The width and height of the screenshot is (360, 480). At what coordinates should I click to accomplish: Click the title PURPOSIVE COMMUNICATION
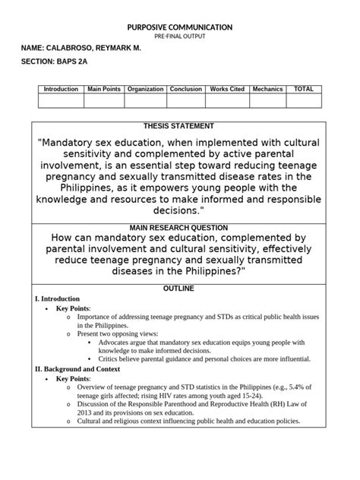[x=179, y=27]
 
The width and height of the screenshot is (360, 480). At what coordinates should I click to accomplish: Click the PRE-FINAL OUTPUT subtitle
[x=179, y=36]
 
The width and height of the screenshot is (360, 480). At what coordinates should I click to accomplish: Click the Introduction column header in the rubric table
[x=61, y=90]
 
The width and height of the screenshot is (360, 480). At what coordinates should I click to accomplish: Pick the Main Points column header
[x=104, y=90]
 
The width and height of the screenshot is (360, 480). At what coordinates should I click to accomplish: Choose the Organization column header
[x=145, y=90]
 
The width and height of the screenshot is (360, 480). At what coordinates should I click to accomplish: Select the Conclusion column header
[x=186, y=90]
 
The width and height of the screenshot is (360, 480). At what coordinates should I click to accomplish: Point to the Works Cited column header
[x=226, y=90]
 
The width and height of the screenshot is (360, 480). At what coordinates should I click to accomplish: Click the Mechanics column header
[x=267, y=90]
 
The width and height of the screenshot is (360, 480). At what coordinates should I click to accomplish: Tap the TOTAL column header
[x=303, y=90]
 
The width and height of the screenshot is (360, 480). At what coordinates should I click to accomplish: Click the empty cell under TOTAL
[x=303, y=100]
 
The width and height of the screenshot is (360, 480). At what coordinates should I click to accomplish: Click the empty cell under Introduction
[x=61, y=100]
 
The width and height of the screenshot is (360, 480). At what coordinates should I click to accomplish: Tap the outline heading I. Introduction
[x=58, y=299]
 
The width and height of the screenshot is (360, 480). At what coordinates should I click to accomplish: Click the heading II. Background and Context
[x=77, y=368]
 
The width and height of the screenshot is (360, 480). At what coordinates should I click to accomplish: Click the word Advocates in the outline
[x=117, y=343]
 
